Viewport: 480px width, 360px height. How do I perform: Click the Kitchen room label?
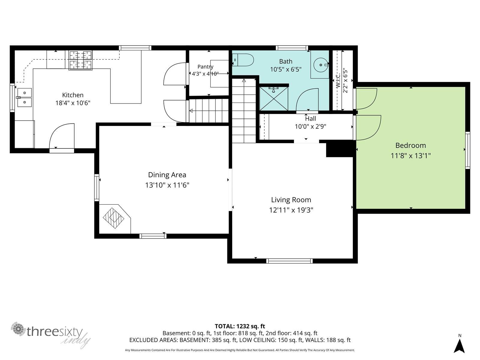pos(73,95)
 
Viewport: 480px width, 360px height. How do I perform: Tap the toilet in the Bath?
pos(243,60)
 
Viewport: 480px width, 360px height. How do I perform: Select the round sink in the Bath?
pos(321,65)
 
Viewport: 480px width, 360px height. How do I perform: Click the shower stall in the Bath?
pos(274,98)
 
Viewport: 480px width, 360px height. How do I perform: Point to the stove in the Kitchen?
pos(80,60)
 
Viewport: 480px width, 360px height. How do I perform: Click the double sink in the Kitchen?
pos(24,97)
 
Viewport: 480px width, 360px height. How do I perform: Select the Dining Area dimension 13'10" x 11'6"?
pos(167,185)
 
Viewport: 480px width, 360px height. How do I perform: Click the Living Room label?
pos(291,200)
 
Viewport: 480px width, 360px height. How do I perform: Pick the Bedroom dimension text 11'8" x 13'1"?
pos(411,156)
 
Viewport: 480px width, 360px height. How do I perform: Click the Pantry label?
pos(205,67)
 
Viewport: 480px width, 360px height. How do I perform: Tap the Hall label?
pos(310,119)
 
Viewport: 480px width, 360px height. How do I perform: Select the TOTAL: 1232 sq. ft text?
pos(240,326)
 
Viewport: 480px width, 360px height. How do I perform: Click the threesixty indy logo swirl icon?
pos(18,329)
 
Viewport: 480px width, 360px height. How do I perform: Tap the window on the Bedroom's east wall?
pos(467,150)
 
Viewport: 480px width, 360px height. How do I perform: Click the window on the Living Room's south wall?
pos(289,261)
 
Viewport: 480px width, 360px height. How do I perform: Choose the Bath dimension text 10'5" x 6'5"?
pos(286,70)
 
